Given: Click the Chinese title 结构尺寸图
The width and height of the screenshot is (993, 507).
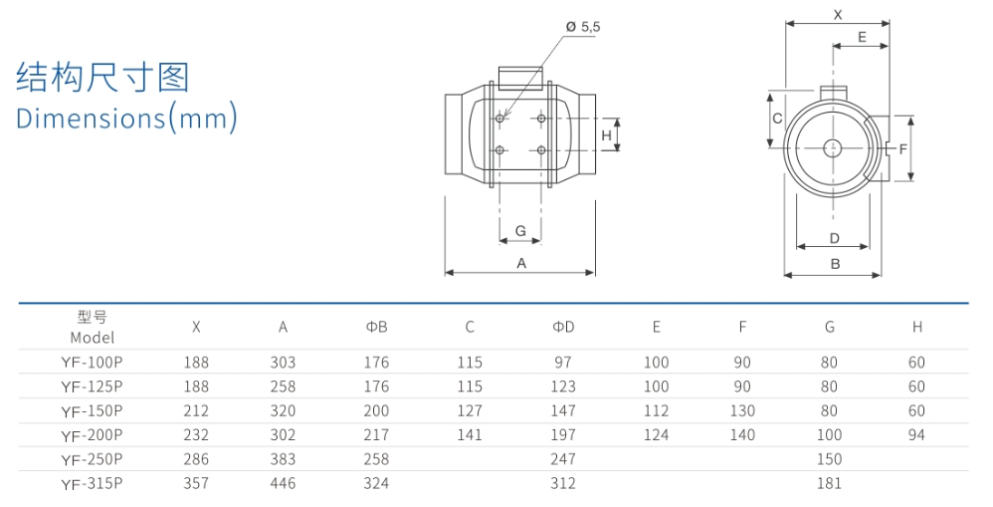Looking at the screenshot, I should coord(102,77).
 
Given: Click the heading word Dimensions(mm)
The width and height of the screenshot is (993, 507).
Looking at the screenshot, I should coord(127,118).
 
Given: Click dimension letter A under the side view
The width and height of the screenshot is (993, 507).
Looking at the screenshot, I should coord(520,263).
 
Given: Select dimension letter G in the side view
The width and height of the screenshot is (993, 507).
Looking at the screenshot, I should coord(520,231).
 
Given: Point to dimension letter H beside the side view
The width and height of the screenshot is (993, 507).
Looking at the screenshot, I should coord(606,134).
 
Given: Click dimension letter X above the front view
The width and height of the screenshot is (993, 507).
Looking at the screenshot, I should coord(837,15).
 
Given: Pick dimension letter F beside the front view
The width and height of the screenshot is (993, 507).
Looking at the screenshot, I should coord(902,148).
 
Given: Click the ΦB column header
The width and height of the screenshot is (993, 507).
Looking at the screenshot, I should coord(376,327).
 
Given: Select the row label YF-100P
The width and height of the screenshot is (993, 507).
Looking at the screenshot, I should coord(92,363).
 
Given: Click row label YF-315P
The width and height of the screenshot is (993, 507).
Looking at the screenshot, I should coord(92,483).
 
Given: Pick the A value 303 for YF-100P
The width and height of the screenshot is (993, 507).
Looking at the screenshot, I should coord(283,363).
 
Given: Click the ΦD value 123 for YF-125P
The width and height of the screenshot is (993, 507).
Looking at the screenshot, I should coord(563,386).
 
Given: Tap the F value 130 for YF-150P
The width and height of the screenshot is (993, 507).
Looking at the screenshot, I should coord(741,410).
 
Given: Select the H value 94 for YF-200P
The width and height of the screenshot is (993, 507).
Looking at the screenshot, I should coord(916,435).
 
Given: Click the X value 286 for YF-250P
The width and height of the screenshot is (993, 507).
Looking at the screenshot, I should coord(196,459).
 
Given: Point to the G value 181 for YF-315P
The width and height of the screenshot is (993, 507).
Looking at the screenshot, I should coord(830,483).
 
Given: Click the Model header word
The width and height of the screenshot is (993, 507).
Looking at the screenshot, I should coord(93,338).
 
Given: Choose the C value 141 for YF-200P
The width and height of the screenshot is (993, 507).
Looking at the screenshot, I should coord(470,435).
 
